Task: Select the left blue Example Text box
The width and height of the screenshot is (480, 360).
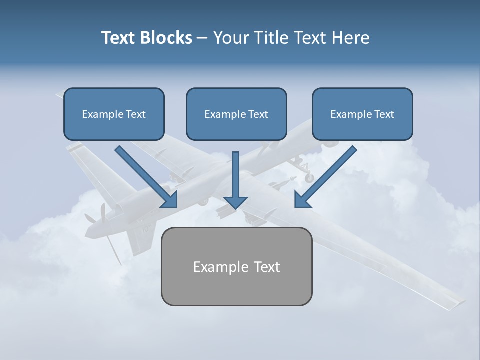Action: [114, 114]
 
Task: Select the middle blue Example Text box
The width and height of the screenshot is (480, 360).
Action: [236, 114]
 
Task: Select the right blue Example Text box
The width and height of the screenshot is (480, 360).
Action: [362, 114]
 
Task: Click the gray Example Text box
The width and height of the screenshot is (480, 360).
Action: [236, 266]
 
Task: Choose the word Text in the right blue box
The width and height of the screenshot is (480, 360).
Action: [384, 114]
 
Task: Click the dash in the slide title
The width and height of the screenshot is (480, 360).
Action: [202, 38]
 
